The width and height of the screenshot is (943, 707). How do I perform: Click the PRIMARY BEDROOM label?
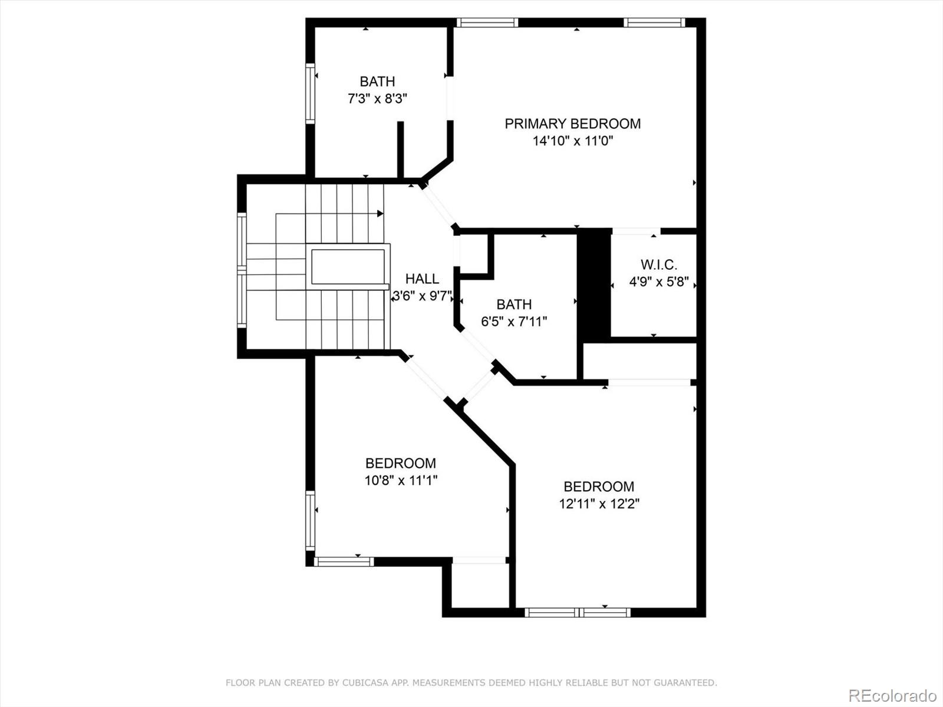click(x=573, y=124)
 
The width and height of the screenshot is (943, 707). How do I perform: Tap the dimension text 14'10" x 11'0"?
click(x=573, y=141)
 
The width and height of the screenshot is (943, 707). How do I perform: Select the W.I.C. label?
click(x=658, y=265)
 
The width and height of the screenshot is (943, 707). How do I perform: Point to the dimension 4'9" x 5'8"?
click(x=658, y=282)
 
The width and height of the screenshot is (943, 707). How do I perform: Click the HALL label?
click(x=422, y=279)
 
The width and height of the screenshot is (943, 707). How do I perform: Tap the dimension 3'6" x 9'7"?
click(x=423, y=296)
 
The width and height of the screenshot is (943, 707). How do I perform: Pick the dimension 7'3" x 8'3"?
click(x=377, y=99)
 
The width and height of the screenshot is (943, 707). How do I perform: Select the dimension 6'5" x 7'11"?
click(x=514, y=322)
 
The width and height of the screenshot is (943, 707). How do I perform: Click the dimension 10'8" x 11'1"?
click(x=401, y=480)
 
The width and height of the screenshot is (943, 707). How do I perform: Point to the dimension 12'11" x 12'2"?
click(x=599, y=504)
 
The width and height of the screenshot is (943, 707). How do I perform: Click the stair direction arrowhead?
click(x=380, y=213)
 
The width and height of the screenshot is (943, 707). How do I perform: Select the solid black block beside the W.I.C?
click(x=594, y=285)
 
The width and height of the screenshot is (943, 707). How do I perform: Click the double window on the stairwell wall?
click(x=242, y=270)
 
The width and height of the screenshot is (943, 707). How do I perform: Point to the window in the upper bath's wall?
click(x=310, y=94)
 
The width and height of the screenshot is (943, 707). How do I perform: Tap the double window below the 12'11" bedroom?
click(x=578, y=613)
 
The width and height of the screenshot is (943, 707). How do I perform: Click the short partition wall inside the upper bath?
click(x=400, y=150)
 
